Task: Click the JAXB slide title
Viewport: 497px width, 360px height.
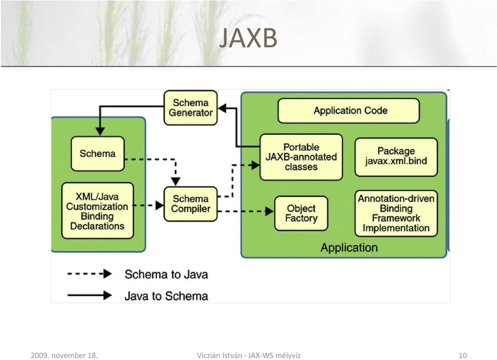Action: (248, 37)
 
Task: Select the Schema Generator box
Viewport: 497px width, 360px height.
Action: (191, 108)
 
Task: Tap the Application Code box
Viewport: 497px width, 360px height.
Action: (348, 111)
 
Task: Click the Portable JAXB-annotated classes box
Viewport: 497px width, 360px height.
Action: (301, 157)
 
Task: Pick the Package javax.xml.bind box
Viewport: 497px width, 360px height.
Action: (396, 157)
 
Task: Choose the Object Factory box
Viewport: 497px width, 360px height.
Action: (301, 213)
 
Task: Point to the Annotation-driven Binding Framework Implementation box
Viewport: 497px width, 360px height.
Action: (396, 213)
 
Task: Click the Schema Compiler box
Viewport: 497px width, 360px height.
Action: (191, 204)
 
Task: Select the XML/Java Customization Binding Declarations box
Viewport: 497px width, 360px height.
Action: (98, 211)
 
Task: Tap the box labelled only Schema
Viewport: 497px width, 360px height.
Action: (98, 154)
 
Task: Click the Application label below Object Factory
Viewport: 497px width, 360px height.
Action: (349, 248)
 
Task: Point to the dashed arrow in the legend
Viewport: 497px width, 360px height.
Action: (90, 273)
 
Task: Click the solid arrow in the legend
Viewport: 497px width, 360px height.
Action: (90, 295)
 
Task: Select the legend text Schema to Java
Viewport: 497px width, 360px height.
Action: (166, 275)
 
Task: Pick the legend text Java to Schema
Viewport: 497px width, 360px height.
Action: (166, 296)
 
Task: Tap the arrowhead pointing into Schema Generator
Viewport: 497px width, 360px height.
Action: (222, 108)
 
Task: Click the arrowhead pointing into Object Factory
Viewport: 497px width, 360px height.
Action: (269, 211)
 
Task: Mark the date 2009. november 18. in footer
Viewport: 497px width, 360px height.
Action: (64, 355)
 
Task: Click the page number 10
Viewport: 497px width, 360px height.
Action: (463, 355)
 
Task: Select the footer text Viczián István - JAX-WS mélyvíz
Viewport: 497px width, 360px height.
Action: (248, 355)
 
